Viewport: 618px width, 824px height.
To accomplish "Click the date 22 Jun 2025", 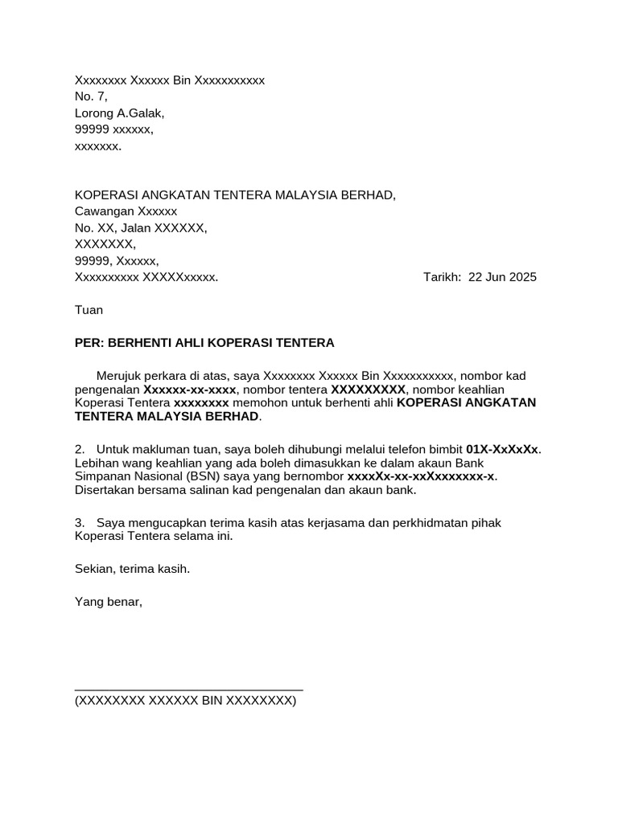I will pos(502,278).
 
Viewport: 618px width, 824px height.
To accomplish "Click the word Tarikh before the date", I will pos(441,278).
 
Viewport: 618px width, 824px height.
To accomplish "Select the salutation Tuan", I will pos(89,310).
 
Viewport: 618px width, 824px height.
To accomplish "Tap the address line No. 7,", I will pos(91,97).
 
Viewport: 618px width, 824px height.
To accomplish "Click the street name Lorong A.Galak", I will pos(119,113).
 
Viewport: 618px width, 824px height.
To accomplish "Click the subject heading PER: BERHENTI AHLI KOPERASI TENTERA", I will pos(204,343).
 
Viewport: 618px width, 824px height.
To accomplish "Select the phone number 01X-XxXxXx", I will pos(502,449).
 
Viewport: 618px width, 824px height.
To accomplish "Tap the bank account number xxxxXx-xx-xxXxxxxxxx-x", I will pos(421,476).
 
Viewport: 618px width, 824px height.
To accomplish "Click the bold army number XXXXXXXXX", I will pos(369,389).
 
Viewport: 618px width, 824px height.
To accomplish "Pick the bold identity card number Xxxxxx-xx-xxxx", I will pos(190,389).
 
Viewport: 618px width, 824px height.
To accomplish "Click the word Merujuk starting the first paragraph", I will pos(120,375).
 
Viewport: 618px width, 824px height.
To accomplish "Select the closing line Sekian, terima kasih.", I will pos(133,569).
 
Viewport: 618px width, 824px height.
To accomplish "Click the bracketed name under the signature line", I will pos(185,701).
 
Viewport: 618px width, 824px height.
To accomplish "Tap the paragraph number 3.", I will pos(79,523).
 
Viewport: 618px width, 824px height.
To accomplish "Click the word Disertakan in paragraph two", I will pos(107,490).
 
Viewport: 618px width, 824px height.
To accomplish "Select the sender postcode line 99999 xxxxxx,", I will pos(114,130).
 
